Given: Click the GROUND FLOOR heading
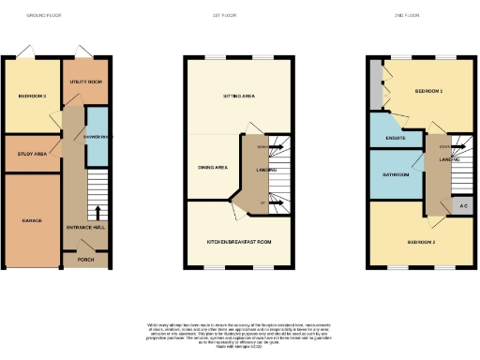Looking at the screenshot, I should [x=43, y=16].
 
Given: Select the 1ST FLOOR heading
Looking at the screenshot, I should [x=240, y=16].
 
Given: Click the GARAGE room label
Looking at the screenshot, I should [x=32, y=220].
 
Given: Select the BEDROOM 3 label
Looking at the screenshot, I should [x=32, y=96].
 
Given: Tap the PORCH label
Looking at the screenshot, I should [x=85, y=260].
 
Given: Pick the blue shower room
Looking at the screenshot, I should [x=97, y=137].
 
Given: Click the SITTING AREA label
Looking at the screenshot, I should [x=240, y=96].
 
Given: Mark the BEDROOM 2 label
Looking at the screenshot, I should [x=421, y=241].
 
